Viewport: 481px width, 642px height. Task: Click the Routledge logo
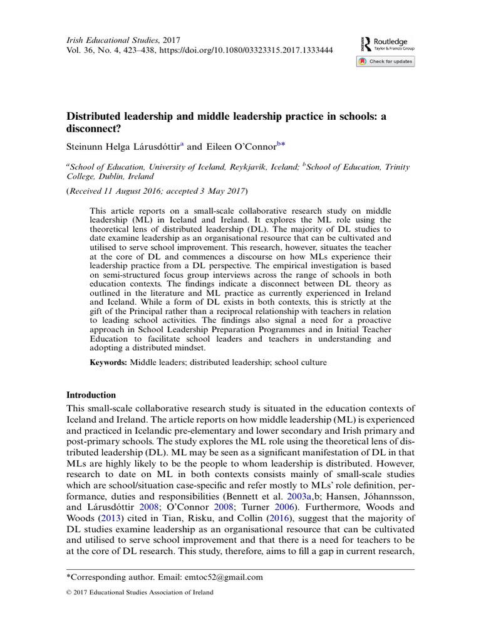coord(385,43)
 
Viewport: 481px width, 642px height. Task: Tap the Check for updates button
coord(385,61)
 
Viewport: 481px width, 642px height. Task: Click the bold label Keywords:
coord(108,362)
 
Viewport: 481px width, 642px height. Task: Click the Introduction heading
coord(91,395)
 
